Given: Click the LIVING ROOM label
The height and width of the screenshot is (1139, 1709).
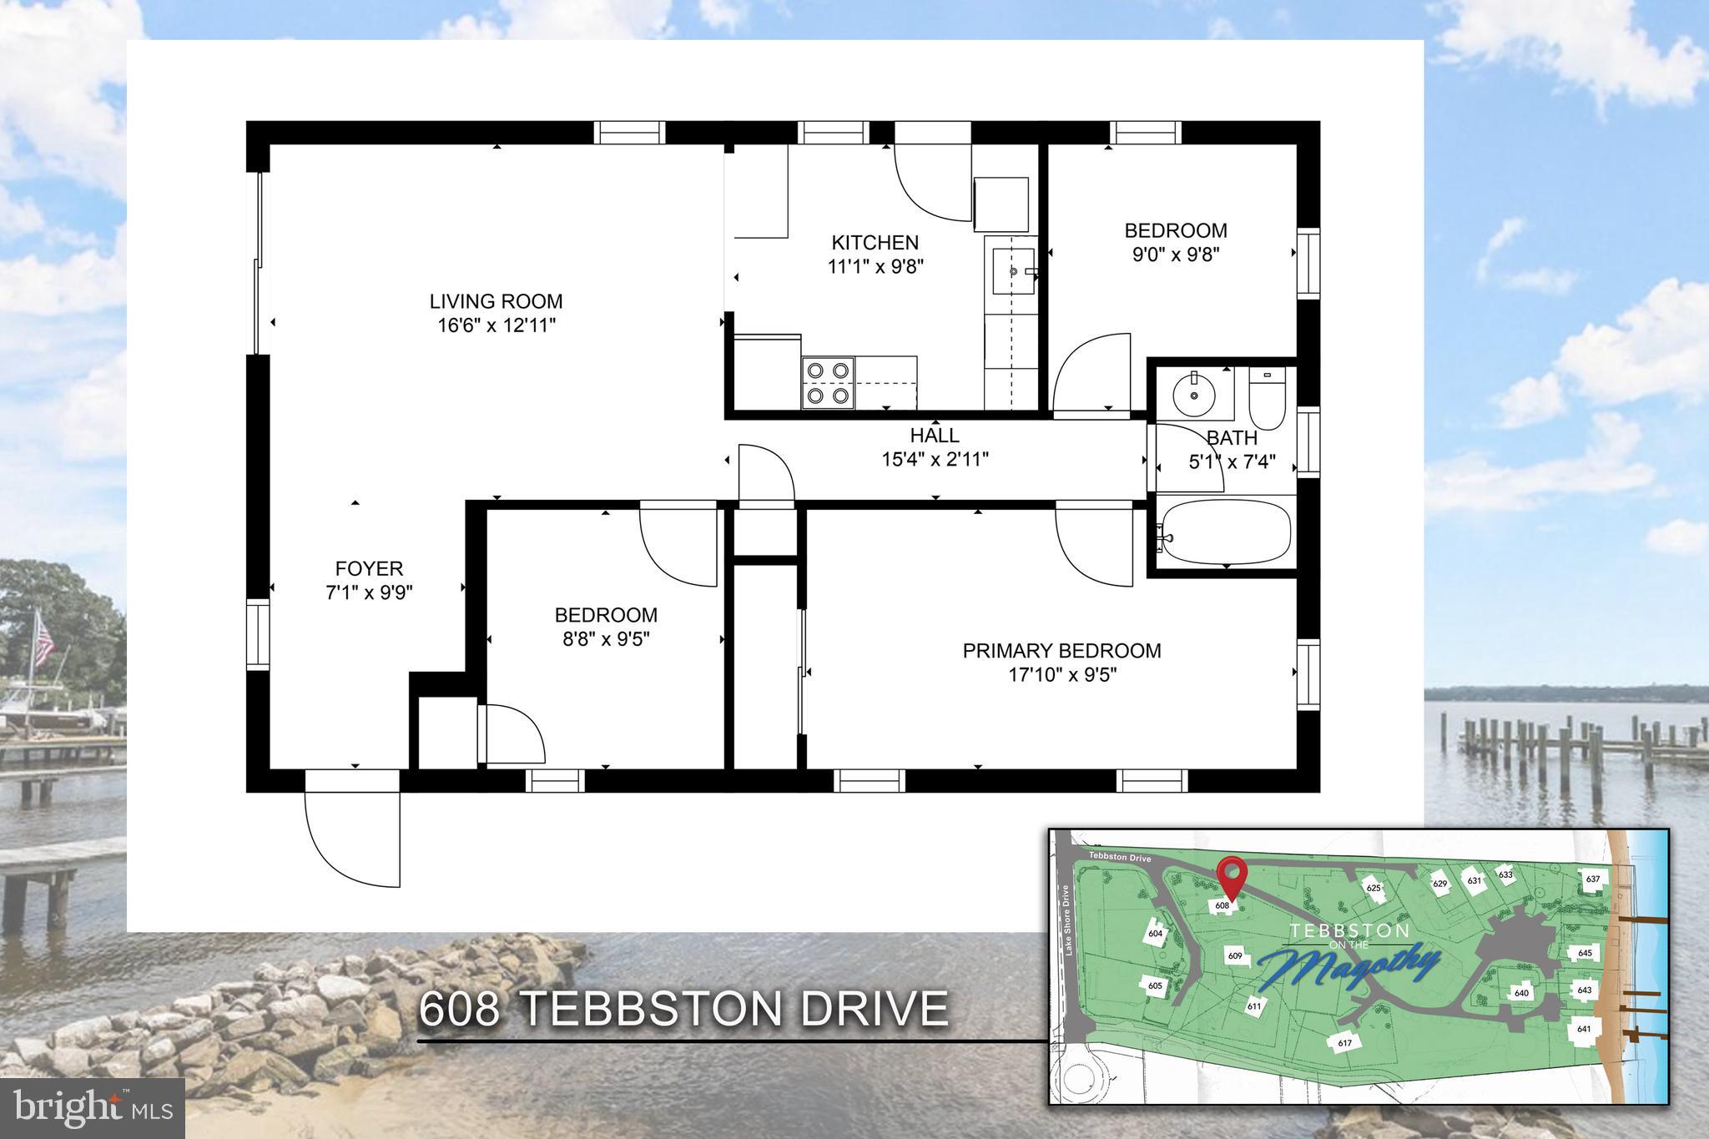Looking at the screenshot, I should (496, 301).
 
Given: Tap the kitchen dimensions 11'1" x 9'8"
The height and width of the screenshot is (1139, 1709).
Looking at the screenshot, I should (875, 267).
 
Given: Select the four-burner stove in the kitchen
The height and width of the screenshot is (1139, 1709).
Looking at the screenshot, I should (828, 382).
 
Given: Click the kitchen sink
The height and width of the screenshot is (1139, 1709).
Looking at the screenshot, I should (1013, 271).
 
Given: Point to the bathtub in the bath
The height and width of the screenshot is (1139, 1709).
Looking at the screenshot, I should (1226, 532).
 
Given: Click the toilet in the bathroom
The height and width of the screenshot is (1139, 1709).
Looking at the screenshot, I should (1267, 399).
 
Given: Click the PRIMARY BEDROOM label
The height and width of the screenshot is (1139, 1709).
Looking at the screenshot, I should (1061, 651).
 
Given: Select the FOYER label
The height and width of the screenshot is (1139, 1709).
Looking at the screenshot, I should (369, 569).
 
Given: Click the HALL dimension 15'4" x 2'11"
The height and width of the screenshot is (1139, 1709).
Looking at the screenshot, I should (935, 459).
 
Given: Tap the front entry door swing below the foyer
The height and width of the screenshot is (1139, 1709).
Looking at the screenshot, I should (353, 839).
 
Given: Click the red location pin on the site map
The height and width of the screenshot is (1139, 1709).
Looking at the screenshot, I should (1232, 874).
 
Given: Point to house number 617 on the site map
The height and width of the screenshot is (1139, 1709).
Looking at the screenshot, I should (1344, 1043).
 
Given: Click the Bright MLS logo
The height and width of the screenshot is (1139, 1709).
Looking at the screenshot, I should (92, 1107).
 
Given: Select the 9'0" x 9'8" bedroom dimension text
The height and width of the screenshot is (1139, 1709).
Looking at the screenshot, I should (1175, 255).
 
